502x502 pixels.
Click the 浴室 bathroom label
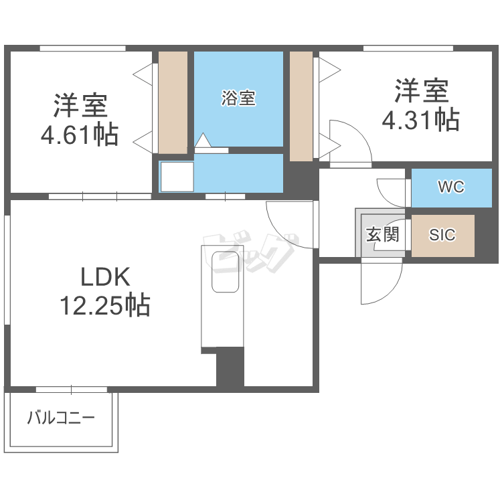coord(238,98)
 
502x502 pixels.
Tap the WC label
coord(450,187)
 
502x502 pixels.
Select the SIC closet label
coord(442,235)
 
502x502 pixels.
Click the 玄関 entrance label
coord(382,235)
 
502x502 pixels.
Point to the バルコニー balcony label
coord(61,419)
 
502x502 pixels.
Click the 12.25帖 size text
coord(105,306)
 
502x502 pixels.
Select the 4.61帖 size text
coord(80,135)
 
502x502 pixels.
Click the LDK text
coord(104,276)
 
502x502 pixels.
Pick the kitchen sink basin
coord(226,272)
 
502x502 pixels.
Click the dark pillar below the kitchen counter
coord(230,367)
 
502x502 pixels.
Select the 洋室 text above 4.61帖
coord(80,105)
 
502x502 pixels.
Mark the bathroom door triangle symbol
coord(202,141)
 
